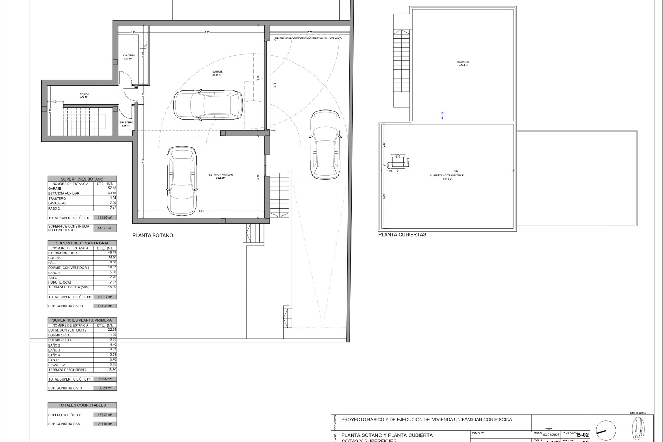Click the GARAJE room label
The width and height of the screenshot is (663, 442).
pos(217,72)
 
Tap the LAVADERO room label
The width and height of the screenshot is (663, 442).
pos(128,56)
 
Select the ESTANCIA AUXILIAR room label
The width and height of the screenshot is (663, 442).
pos(221,175)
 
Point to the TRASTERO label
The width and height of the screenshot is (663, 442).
pos(126,123)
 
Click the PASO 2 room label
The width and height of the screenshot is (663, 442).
pos(85,94)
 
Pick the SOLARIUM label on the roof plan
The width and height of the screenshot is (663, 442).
pos(463,62)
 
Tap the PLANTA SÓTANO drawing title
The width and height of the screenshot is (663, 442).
pos(153,236)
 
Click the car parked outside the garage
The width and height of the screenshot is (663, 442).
pos(325,144)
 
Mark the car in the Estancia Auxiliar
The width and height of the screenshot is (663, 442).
pos(182,180)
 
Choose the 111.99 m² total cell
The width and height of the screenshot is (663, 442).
pos(105,218)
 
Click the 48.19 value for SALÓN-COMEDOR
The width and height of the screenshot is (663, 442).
pos(112,253)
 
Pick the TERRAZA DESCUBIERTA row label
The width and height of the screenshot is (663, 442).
pos(67,370)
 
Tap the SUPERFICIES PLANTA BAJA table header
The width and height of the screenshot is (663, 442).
pos(82,243)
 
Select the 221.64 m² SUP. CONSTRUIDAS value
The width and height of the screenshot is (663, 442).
pos(105,424)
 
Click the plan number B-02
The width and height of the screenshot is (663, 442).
pos(583,435)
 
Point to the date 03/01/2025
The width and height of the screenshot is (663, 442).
pos(551,435)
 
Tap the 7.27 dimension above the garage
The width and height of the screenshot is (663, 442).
pos(207,32)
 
